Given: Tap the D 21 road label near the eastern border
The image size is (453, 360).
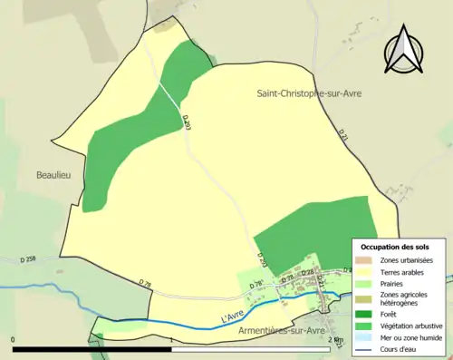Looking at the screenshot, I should click(343, 135).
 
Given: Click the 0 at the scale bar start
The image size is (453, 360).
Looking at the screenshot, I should click(14, 340).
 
